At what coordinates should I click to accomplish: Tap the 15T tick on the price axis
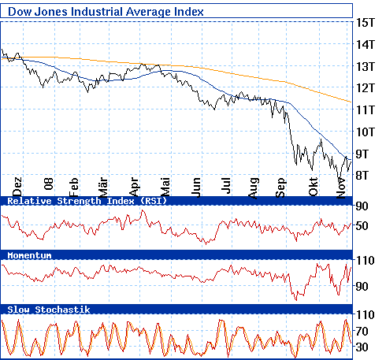click(x=364, y=23)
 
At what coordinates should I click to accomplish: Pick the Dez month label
click(x=18, y=185)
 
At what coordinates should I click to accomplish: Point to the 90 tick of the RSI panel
click(x=362, y=206)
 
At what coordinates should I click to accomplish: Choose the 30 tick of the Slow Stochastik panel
click(x=362, y=347)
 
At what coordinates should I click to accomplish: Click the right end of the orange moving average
click(x=351, y=102)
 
